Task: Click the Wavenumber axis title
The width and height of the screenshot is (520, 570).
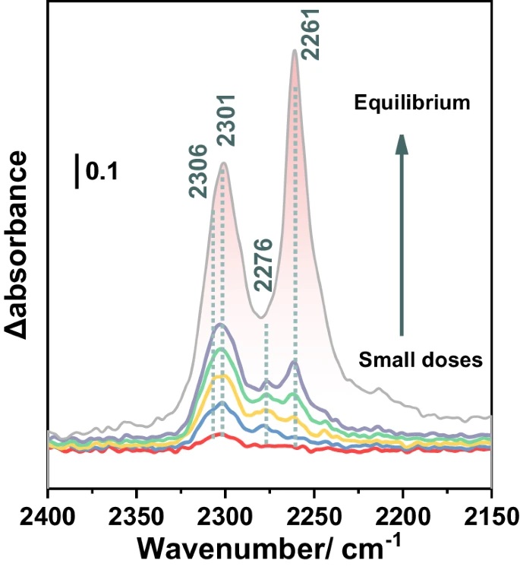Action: click(x=270, y=546)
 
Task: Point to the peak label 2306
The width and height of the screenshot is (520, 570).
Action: click(x=200, y=172)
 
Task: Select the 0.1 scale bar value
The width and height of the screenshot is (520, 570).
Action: click(x=101, y=172)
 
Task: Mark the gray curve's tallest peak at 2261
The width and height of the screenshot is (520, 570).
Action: click(x=294, y=51)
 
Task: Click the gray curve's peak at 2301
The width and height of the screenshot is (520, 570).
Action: click(x=224, y=163)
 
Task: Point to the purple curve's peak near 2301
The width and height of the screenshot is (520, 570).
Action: click(x=221, y=325)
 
